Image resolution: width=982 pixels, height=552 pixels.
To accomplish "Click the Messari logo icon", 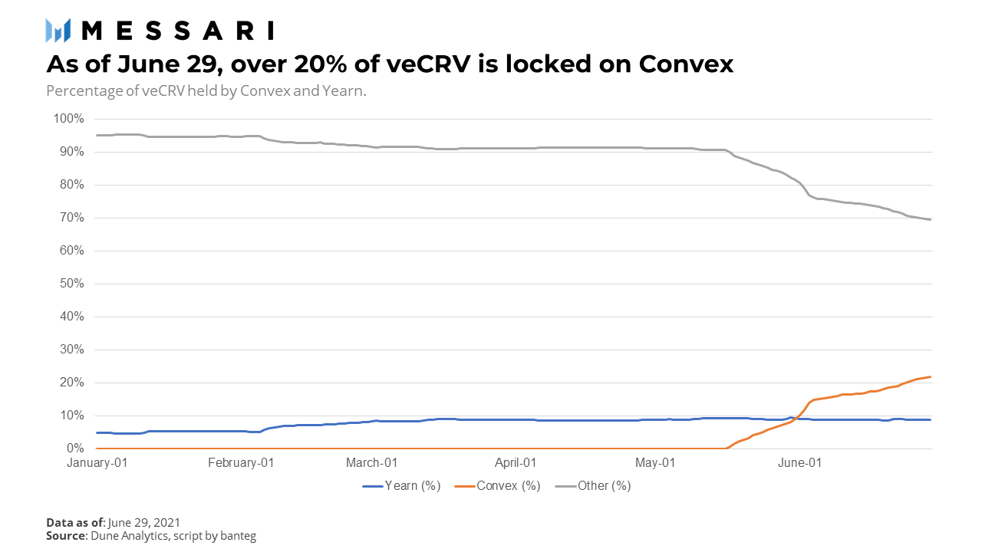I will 58,30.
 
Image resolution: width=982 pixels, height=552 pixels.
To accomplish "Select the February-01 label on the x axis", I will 241,462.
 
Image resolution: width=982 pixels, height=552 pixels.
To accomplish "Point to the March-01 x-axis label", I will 371,462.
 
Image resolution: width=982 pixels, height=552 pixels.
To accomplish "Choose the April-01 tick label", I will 515,462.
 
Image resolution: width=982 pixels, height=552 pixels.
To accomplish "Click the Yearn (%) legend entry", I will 401,485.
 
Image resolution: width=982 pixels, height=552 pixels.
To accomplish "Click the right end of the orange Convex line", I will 931,376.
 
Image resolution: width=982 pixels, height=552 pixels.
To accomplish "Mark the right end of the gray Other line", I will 931,220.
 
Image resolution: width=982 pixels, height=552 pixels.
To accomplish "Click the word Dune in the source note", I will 105,536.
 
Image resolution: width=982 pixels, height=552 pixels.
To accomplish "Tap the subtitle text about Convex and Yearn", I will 206,90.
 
